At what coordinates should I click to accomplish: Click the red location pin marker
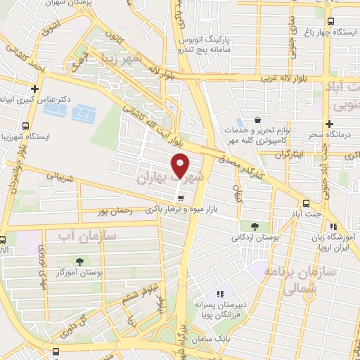pyautogui.click(x=181, y=165)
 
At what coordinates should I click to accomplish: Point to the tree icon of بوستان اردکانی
pyautogui.click(x=254, y=226)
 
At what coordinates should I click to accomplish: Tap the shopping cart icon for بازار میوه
pyautogui.click(x=182, y=198)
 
